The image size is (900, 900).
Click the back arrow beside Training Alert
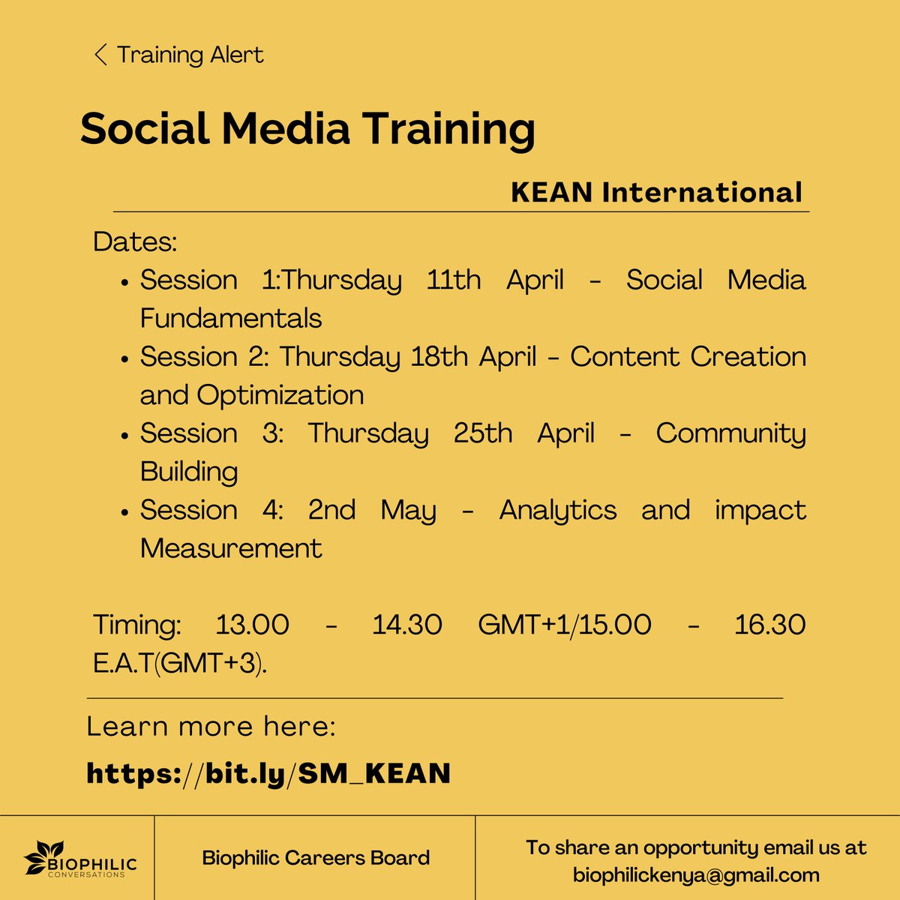point(100,55)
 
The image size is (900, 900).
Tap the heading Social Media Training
point(307,129)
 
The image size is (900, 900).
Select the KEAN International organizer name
point(656,193)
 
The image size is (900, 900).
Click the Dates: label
point(135,242)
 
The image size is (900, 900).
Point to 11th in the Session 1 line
point(454,280)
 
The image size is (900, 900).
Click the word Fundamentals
point(231,319)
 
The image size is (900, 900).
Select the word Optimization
point(280,395)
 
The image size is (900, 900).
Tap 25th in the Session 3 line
point(483,433)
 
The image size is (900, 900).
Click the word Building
point(189,472)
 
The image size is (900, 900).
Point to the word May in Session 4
point(408,510)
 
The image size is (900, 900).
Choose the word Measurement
point(231,548)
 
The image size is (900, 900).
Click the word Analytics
point(558,510)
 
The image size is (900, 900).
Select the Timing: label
point(137,625)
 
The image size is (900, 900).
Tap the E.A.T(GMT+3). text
point(180,664)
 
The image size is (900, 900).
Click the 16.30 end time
point(769,625)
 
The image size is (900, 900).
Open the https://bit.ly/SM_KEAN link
point(268,773)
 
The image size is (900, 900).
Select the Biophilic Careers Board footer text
point(316,858)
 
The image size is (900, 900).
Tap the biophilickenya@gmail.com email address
point(696,875)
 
